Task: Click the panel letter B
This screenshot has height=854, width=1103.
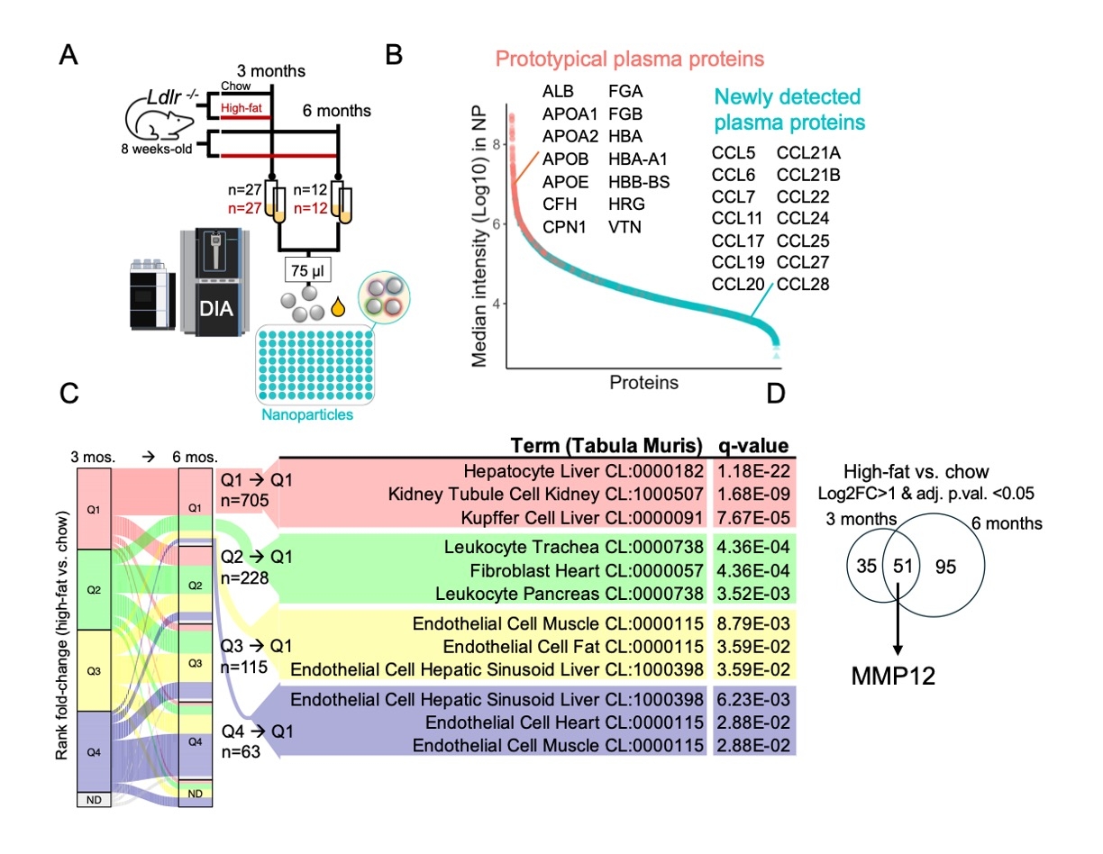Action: pyautogui.click(x=394, y=56)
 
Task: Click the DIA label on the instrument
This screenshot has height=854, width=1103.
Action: pyautogui.click(x=217, y=309)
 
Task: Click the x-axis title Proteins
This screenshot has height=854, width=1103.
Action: pyautogui.click(x=643, y=384)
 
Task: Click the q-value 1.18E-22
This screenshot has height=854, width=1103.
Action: pyautogui.click(x=753, y=470)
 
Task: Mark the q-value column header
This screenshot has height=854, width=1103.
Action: pyautogui.click(x=752, y=446)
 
